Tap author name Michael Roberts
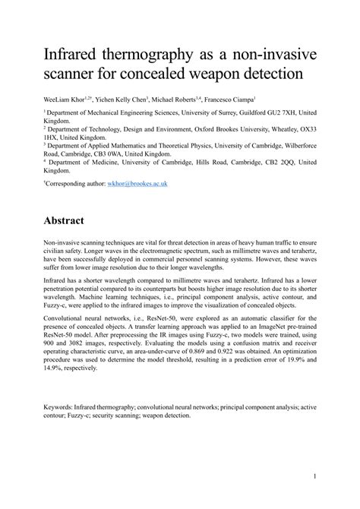click(x=191, y=99)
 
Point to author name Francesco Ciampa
click(x=259, y=99)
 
